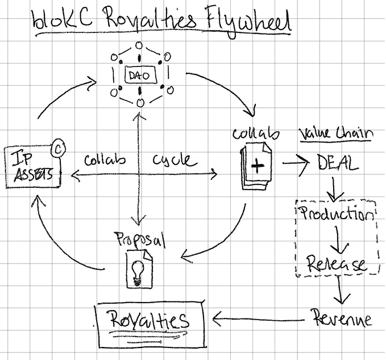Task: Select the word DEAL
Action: [x=337, y=164]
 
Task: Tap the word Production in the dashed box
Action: [x=337, y=214]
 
